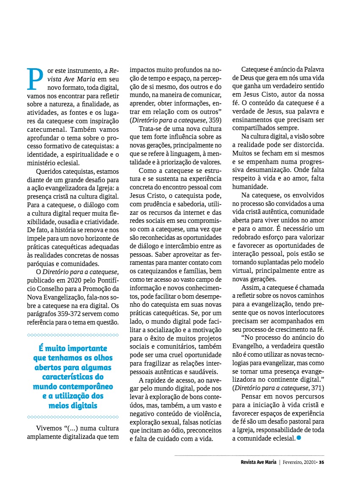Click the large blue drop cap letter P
(35, 79)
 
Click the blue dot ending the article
(299, 438)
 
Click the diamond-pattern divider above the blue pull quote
(72, 335)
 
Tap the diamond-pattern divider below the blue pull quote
(72, 417)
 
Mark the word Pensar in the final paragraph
(251, 397)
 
